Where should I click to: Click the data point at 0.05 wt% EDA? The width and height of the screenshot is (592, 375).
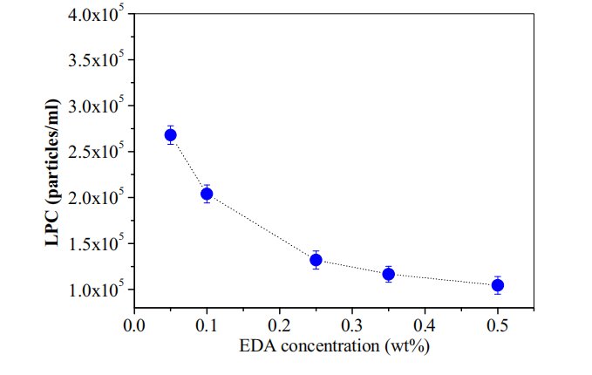pos(171,134)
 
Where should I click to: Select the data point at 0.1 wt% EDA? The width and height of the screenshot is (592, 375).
pos(207,194)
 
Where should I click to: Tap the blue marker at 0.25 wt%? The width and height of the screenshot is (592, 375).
pos(316,260)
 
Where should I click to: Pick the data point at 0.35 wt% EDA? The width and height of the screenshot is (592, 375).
pos(389,274)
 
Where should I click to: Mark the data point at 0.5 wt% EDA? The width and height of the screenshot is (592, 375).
pos(498,285)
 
